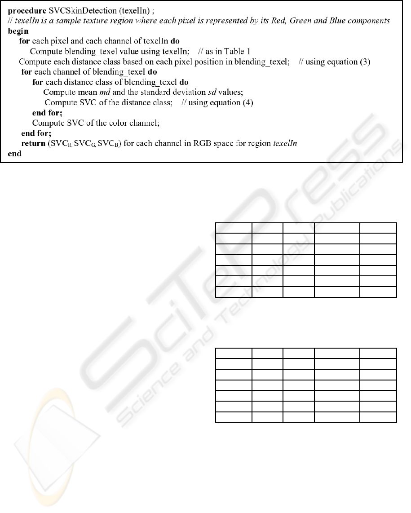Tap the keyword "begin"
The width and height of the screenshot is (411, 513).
[18, 31]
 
